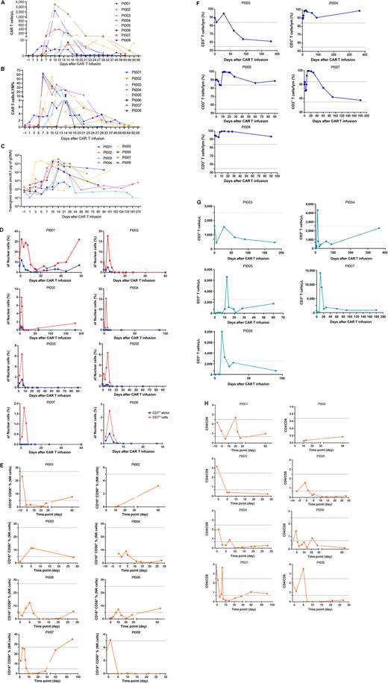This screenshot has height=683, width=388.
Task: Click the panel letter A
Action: [4, 4]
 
